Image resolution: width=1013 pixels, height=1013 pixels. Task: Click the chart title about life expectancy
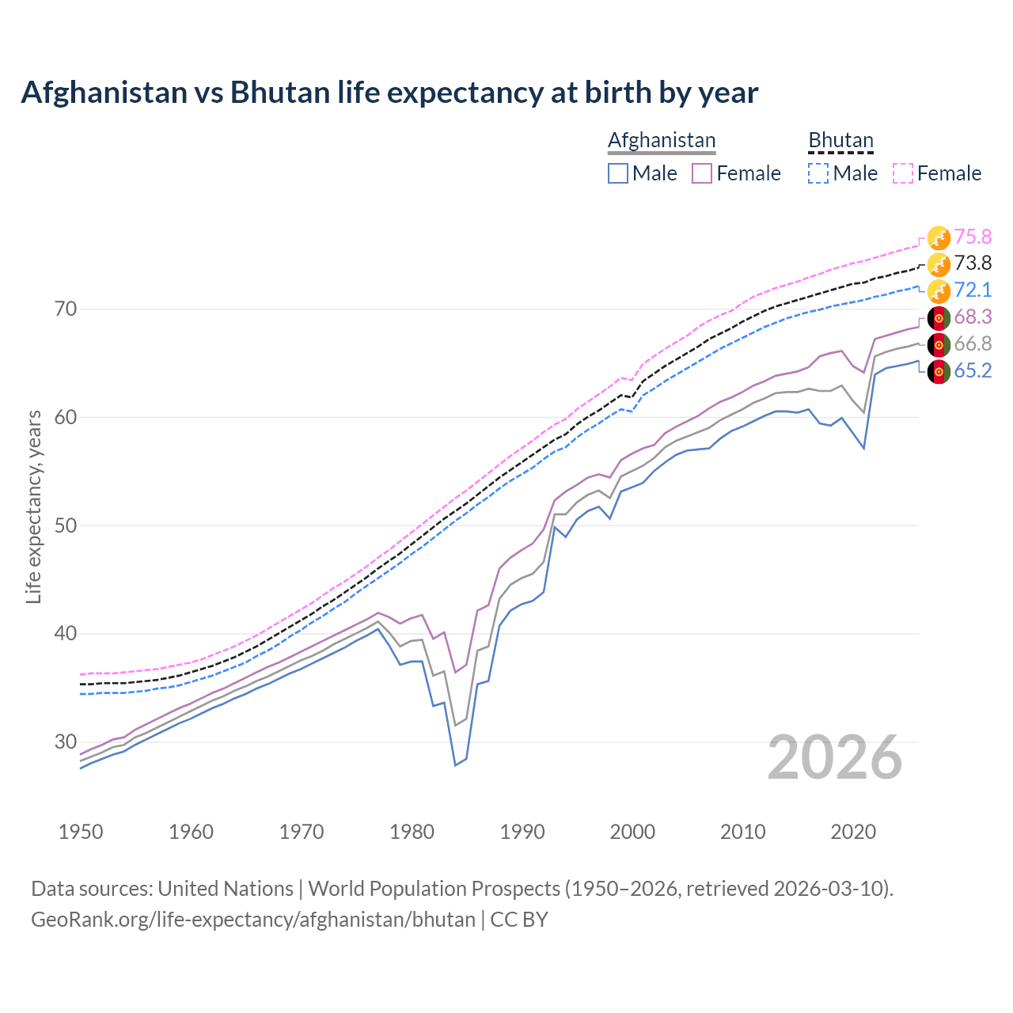[389, 93]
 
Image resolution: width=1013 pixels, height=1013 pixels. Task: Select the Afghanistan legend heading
[662, 140]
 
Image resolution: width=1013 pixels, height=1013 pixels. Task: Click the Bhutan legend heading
[840, 140]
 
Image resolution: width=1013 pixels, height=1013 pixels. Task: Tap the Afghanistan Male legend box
[618, 173]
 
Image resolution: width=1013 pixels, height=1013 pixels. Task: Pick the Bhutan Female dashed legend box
[903, 173]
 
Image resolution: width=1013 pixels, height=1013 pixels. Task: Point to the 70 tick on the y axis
[66, 309]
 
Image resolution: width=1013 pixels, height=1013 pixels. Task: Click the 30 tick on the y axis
[66, 742]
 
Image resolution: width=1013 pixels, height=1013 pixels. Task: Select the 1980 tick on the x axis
[412, 832]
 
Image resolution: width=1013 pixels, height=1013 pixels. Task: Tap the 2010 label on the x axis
[742, 832]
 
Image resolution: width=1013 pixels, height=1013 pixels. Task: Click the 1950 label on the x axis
[81, 832]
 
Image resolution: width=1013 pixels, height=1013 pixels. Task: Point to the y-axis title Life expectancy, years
[33, 506]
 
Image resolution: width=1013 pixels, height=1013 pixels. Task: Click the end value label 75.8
[973, 237]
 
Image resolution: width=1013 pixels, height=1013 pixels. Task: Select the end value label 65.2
[973, 370]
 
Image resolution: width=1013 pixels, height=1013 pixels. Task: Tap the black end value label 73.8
[973, 264]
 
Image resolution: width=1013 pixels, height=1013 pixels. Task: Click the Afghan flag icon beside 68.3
[939, 318]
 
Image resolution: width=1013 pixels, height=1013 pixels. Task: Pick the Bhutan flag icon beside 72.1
[939, 290]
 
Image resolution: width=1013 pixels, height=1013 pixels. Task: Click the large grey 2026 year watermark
[835, 757]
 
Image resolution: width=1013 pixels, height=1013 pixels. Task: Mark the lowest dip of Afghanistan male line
[455, 765]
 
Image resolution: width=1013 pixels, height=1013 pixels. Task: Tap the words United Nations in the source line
[226, 889]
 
